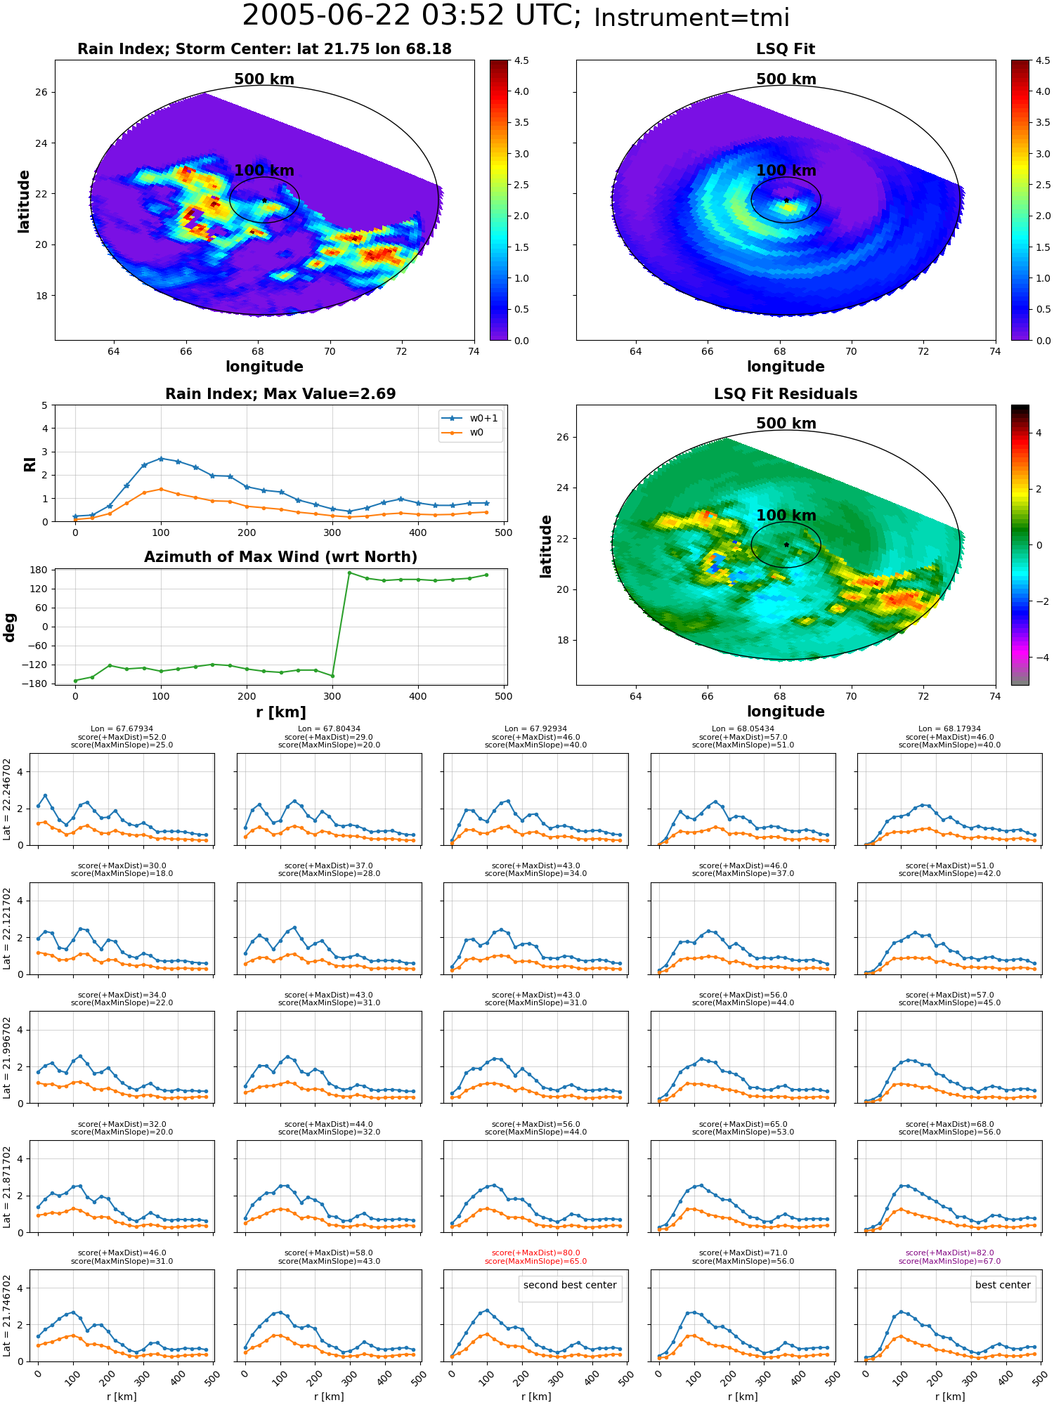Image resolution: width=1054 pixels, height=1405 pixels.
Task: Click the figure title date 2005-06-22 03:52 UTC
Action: click(x=412, y=16)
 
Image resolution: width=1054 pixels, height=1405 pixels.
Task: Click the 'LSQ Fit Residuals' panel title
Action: click(x=786, y=394)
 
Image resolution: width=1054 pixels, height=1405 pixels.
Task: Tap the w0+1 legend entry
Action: click(x=471, y=418)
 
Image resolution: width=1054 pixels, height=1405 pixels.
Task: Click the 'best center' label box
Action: click(x=1003, y=1285)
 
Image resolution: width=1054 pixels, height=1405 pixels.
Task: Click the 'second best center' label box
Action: click(x=570, y=1285)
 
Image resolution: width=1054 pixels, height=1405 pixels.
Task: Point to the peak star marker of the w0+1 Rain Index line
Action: click(x=161, y=459)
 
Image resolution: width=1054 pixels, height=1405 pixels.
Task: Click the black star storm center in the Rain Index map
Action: click(x=264, y=200)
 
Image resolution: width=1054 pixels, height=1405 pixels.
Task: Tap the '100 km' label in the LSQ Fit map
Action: click(x=786, y=171)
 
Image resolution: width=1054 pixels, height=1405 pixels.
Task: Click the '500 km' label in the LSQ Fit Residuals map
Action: click(x=786, y=424)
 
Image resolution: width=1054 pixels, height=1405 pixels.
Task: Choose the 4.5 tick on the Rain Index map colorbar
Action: click(x=521, y=60)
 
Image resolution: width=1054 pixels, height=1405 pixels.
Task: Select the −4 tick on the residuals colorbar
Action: click(x=1039, y=658)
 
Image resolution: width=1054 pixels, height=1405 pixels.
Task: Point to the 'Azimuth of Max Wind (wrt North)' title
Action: click(x=280, y=557)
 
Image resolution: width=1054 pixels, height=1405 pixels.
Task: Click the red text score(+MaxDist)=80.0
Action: click(x=535, y=1253)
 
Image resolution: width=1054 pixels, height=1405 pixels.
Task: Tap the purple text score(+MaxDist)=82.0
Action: click(x=949, y=1253)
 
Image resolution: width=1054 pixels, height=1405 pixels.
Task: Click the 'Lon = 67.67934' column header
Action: click(x=122, y=729)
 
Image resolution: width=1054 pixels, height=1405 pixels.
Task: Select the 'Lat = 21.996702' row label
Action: click(x=7, y=1057)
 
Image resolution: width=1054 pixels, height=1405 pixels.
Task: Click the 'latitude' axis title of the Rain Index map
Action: click(x=24, y=201)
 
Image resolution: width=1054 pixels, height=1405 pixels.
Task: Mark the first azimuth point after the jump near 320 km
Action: click(x=349, y=573)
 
